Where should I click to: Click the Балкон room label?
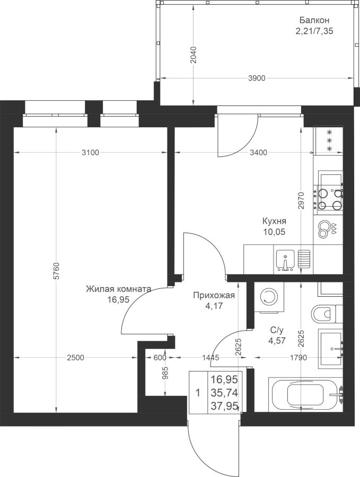point(314,20)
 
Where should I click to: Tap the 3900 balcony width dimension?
point(257,78)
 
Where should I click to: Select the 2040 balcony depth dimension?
point(194,55)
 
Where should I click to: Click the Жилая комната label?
point(118,289)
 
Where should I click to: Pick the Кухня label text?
point(274,221)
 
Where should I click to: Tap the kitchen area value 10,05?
point(274,232)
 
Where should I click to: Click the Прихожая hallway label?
point(214,295)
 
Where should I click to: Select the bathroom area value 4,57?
point(277,341)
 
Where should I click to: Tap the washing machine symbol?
point(269,296)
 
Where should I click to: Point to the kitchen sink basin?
point(285,260)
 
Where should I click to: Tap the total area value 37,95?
point(225,405)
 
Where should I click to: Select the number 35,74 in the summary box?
point(225,393)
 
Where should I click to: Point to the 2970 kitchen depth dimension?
point(301,200)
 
